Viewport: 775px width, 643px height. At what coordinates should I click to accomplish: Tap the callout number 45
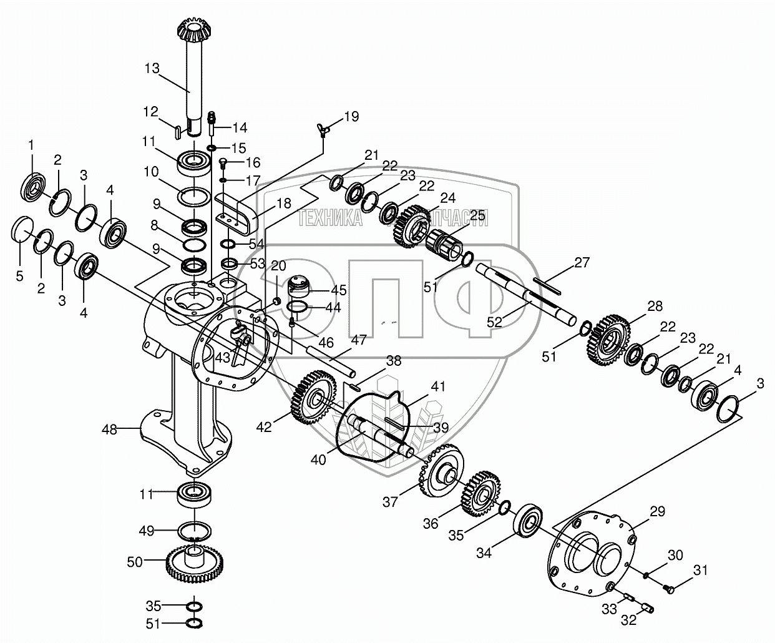(339, 290)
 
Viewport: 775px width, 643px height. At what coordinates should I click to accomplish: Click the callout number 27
(582, 263)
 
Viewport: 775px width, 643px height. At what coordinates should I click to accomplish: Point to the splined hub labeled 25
(444, 246)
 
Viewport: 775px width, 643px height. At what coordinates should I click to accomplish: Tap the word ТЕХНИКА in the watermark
(331, 218)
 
